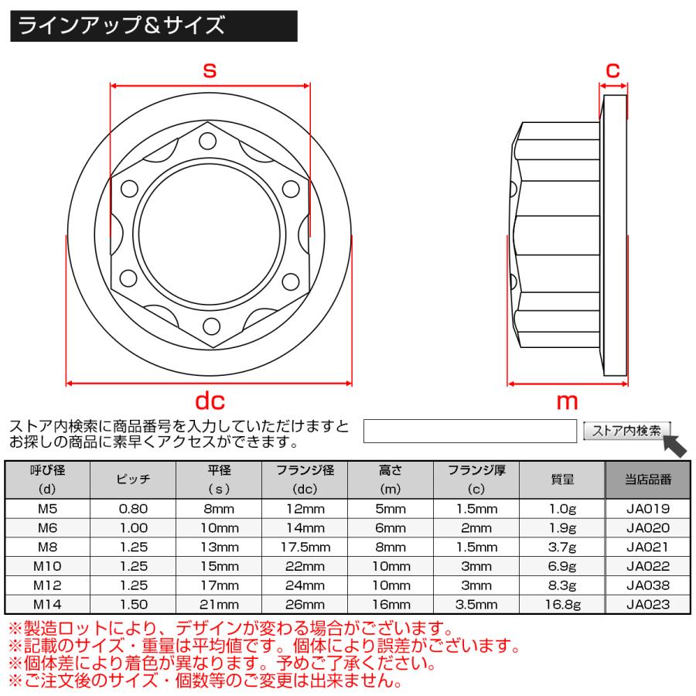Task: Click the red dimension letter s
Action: [209, 70]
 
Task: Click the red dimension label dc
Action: [209, 401]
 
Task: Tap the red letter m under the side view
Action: [568, 401]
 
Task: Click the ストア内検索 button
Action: [626, 431]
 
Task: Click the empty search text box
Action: [470, 431]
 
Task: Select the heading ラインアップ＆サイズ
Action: [121, 26]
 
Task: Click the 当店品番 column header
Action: [647, 479]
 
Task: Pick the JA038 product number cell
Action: [647, 586]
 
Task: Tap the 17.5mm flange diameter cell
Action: [305, 548]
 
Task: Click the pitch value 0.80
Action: [134, 509]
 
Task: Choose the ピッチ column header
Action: [134, 479]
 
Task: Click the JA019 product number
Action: [647, 509]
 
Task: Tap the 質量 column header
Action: [561, 479]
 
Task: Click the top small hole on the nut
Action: [209, 142]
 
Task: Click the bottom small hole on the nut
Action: [209, 325]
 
